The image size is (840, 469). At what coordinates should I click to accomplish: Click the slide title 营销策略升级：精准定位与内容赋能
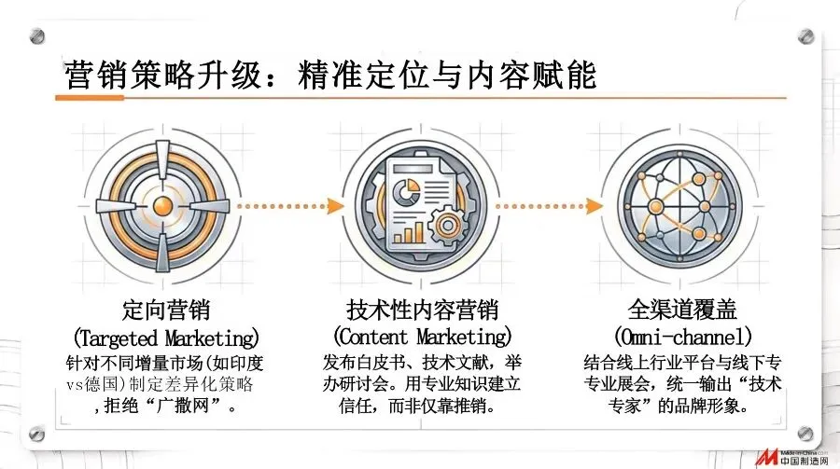(329, 75)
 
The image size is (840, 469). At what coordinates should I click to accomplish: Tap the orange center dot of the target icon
(163, 203)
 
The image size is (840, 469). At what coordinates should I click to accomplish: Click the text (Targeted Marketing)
(165, 335)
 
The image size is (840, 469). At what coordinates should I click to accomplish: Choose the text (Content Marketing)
(422, 335)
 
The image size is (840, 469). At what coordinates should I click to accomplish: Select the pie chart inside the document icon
(405, 193)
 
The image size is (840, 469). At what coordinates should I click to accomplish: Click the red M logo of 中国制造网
(766, 458)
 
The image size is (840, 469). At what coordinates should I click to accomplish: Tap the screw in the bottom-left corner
(38, 433)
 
